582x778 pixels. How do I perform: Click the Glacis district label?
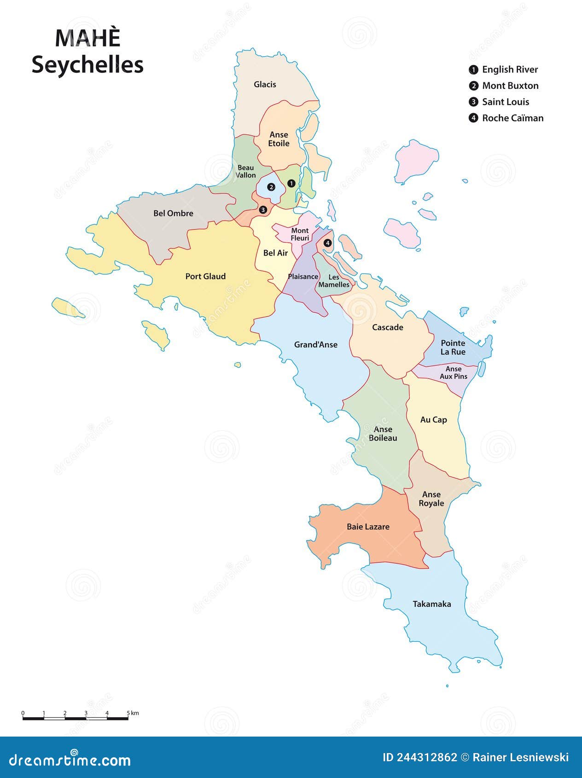[x=265, y=84]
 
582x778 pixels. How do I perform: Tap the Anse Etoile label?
[x=279, y=139]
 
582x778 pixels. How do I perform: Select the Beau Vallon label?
[x=245, y=171]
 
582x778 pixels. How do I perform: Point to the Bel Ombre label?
[x=173, y=213]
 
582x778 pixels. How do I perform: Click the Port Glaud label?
[x=205, y=276]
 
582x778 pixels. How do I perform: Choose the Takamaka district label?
[x=431, y=604]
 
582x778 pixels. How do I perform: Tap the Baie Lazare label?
[x=368, y=527]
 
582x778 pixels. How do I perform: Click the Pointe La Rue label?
[x=453, y=348]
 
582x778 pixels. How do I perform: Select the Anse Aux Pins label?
[x=453, y=372]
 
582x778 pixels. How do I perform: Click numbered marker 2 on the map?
[x=271, y=187]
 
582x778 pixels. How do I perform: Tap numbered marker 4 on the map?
[x=327, y=243]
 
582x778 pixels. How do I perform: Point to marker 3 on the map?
[x=263, y=209]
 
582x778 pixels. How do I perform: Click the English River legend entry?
[x=509, y=70]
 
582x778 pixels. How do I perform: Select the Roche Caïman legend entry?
[x=512, y=118]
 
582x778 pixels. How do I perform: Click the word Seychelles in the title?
[x=87, y=64]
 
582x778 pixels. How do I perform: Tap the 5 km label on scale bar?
[x=133, y=713]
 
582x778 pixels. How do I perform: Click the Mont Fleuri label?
[x=300, y=234]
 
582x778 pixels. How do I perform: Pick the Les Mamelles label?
[x=334, y=281]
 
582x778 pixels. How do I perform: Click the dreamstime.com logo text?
[x=70, y=760]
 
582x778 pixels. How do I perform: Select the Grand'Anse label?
[x=315, y=344]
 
